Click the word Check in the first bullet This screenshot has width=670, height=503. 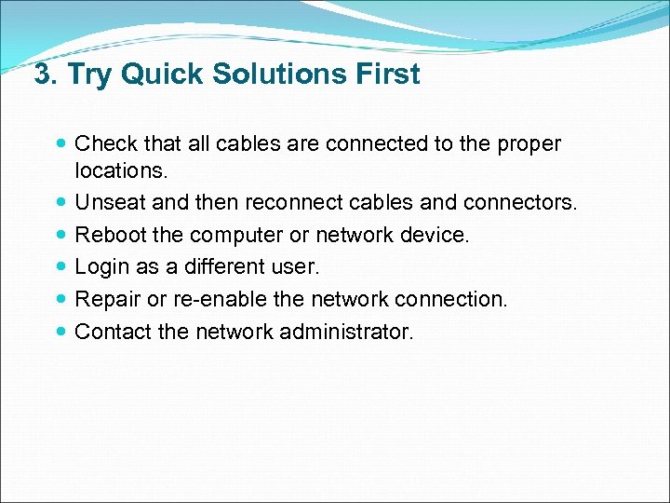pos(105,144)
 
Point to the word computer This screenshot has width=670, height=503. pos(234,236)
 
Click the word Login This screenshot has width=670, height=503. pos(100,267)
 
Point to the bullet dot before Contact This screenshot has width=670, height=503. pos(61,331)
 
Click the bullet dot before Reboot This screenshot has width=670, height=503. pos(61,236)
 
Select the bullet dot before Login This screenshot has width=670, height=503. pos(61,267)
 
